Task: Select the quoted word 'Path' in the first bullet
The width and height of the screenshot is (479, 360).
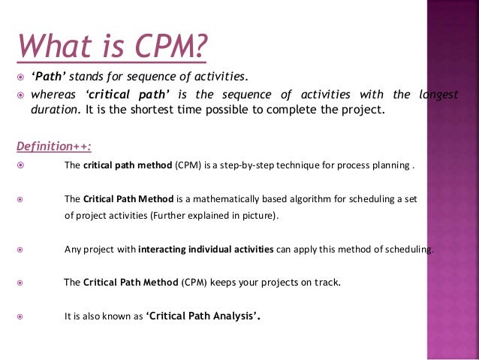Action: click(47, 77)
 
